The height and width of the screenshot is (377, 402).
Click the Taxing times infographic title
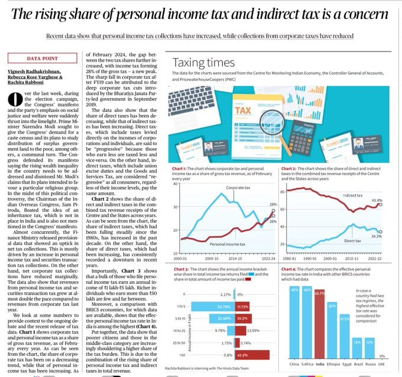coord(203,63)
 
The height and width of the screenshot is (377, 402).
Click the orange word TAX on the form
coord(242,111)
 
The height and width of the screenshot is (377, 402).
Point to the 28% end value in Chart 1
coord(273,204)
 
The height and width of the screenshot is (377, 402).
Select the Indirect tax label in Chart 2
coord(353,195)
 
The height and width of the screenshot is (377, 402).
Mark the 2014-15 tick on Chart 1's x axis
coord(235,259)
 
